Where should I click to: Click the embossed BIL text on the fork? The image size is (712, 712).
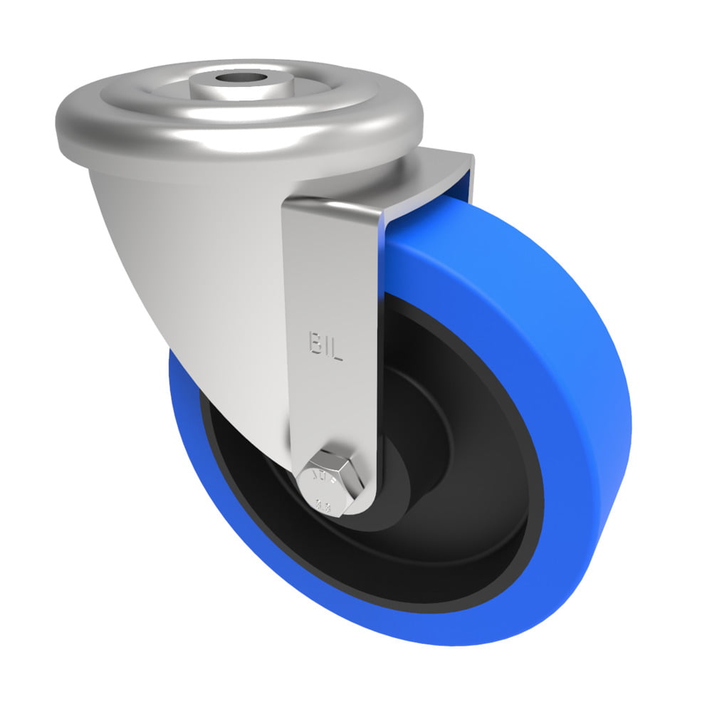coord(326,347)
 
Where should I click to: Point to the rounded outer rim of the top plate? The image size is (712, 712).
coord(235,142)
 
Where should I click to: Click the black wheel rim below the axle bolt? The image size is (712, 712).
coord(370,562)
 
